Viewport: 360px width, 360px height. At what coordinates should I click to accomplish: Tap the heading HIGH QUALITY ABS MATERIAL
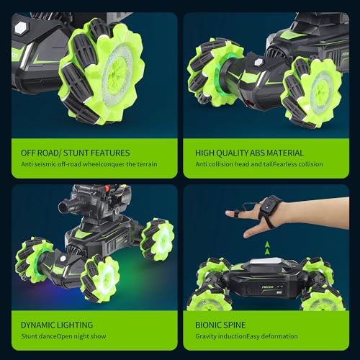(249, 153)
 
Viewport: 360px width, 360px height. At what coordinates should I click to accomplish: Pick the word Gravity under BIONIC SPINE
(209, 337)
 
